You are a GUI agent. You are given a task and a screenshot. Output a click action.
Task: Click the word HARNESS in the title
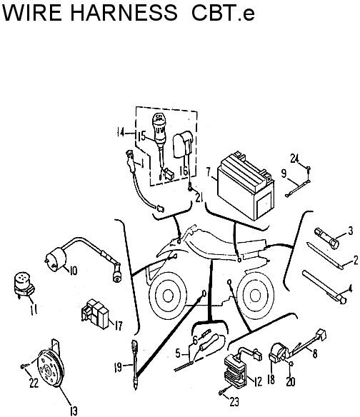124,12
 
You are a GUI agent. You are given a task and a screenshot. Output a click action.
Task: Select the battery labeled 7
245,186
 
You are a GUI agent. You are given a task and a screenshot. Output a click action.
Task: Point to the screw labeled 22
24,367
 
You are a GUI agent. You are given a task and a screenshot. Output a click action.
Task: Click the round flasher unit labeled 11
24,285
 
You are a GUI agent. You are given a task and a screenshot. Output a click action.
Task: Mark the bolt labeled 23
222,392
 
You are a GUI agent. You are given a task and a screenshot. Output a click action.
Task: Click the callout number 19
118,368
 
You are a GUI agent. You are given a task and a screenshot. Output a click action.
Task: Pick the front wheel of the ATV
168,295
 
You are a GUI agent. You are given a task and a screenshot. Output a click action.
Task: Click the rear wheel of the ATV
255,296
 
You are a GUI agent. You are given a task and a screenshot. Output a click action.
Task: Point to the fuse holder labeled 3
326,238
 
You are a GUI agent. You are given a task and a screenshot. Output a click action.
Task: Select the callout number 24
294,159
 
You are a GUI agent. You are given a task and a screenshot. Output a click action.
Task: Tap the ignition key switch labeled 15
160,139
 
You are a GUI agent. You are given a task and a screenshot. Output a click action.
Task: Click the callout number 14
121,132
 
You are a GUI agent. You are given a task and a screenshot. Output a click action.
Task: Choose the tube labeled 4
324,287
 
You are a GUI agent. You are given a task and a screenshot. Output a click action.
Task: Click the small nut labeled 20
291,363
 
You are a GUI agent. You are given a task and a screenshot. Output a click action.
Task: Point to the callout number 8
315,353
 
